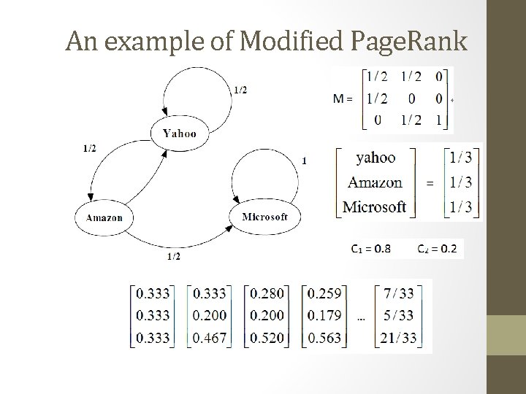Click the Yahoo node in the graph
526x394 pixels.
pyautogui.click(x=179, y=133)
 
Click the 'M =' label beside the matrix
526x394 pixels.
pyautogui.click(x=343, y=98)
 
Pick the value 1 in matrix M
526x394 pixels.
pyautogui.click(x=438, y=121)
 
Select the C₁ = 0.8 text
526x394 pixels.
pyautogui.click(x=370, y=250)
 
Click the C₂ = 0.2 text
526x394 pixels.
pyautogui.click(x=437, y=250)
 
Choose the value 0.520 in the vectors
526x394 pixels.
pyautogui.click(x=267, y=337)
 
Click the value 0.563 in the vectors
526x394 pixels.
pyautogui.click(x=325, y=337)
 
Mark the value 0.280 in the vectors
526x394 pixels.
pyautogui.click(x=267, y=294)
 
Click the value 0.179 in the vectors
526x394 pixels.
pyautogui.click(x=325, y=315)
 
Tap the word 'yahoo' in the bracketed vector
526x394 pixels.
pyautogui.click(x=376, y=158)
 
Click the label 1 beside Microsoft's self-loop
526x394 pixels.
pyautogui.click(x=304, y=161)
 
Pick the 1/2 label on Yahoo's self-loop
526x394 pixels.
pyautogui.click(x=240, y=90)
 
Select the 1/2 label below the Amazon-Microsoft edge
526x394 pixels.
pyautogui.click(x=173, y=256)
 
